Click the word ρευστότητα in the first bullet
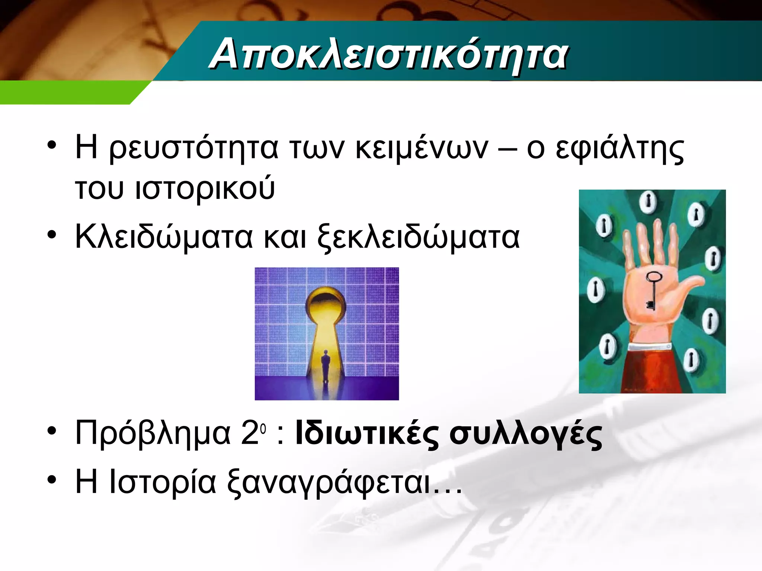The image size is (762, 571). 193,148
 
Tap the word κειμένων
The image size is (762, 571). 421,148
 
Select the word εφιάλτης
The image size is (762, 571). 619,148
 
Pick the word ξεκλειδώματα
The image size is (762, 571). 418,237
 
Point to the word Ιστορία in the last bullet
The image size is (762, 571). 162,482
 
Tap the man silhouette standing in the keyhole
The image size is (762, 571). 326,366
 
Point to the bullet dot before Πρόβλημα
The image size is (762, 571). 52,431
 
